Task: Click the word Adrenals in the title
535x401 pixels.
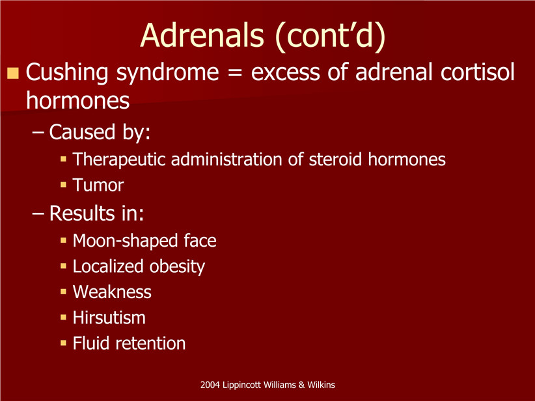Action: tap(202, 35)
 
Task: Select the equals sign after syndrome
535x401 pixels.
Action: tap(235, 73)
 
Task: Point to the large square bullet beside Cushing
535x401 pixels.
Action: tap(13, 73)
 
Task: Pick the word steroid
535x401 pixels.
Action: tap(335, 159)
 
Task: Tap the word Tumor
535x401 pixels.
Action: tap(98, 185)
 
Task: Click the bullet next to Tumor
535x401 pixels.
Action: tap(63, 185)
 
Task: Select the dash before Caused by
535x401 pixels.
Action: tap(38, 132)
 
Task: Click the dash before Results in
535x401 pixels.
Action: tap(38, 214)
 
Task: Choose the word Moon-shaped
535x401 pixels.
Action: tap(124, 241)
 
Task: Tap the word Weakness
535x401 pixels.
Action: tap(112, 292)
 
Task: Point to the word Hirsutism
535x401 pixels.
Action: tap(109, 318)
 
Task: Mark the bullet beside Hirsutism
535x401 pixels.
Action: tap(63, 318)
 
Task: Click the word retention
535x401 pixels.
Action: tap(150, 343)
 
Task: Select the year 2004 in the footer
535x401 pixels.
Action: tap(210, 385)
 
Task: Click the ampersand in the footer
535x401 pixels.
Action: tap(301, 385)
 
